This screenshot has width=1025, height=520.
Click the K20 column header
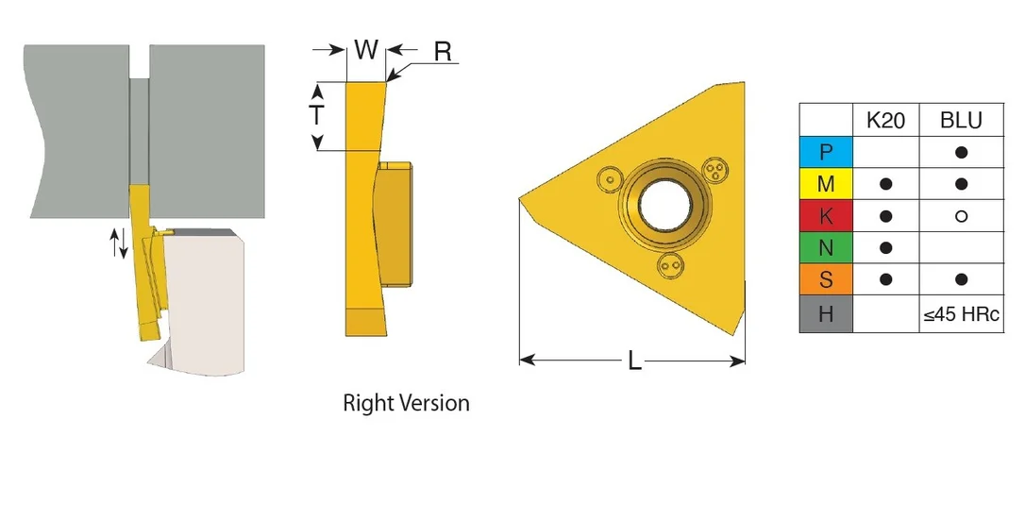pyautogui.click(x=885, y=120)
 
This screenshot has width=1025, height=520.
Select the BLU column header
pyautogui.click(x=961, y=120)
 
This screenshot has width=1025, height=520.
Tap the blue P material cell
pyautogui.click(x=826, y=152)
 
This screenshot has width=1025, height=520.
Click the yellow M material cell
pyautogui.click(x=826, y=184)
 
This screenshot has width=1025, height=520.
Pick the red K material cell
pyautogui.click(x=826, y=215)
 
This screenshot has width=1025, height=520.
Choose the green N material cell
pyautogui.click(x=826, y=247)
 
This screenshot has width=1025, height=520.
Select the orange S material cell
pyautogui.click(x=826, y=279)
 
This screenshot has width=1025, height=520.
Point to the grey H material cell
pyautogui.click(x=826, y=313)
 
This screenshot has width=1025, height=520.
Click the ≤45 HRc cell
pyautogui.click(x=961, y=314)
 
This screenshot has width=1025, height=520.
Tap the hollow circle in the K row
pyautogui.click(x=961, y=215)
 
